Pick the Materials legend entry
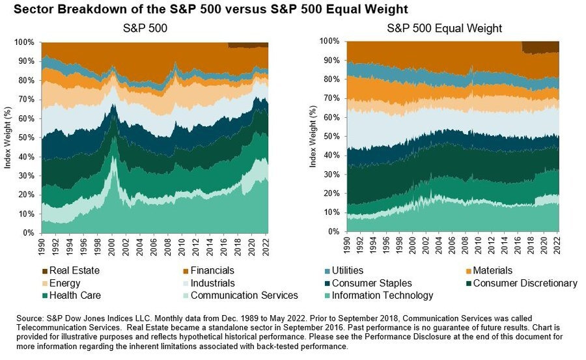point(487,270)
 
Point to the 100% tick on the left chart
point(25,42)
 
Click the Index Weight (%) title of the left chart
point(8,137)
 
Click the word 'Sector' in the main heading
point(26,10)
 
